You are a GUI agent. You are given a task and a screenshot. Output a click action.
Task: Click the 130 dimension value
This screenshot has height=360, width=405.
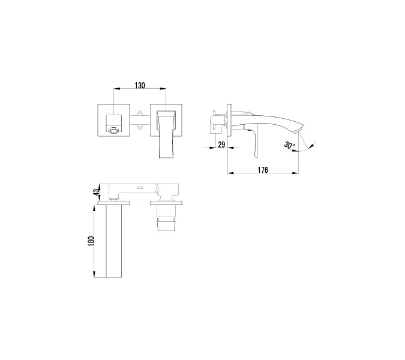tap(139, 86)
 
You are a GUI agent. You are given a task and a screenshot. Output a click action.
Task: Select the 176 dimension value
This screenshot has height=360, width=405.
tap(262, 170)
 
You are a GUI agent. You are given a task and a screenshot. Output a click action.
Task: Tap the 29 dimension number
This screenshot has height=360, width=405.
tap(221, 145)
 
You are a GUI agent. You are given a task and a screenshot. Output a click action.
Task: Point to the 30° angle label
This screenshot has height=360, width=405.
tap(290, 145)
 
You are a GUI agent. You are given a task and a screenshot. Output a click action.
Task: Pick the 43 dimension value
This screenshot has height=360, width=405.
tap(95, 192)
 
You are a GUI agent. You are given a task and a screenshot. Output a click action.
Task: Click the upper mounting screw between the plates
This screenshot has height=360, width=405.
tap(139, 112)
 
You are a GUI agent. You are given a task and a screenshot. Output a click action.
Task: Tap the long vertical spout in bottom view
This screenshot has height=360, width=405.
tap(114, 240)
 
